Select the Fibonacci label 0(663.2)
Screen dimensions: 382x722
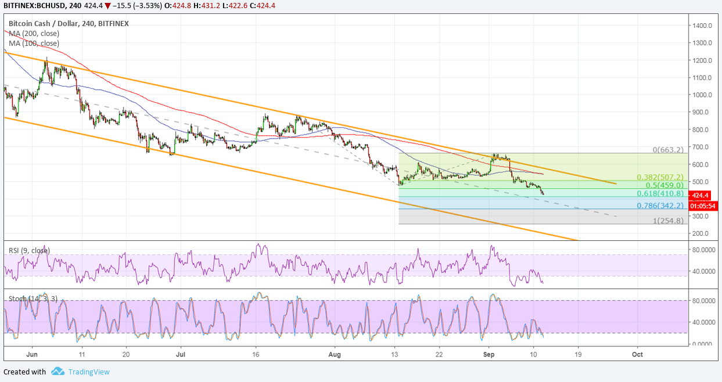click(667, 149)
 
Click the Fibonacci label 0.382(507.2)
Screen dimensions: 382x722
click(660, 177)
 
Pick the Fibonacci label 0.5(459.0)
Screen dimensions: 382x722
click(664, 185)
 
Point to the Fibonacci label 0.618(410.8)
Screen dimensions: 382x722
click(660, 193)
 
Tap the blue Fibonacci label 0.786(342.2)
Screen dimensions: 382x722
click(660, 206)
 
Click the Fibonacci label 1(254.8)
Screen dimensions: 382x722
click(667, 221)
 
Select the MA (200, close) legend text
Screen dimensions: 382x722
click(34, 34)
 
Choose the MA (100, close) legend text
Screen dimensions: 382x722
click(34, 43)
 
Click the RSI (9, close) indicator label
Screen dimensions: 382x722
click(29, 250)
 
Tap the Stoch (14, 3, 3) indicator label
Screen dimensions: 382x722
click(33, 298)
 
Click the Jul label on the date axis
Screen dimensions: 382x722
click(181, 353)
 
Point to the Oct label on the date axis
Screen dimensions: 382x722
click(637, 353)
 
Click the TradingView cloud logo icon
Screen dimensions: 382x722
click(58, 372)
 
